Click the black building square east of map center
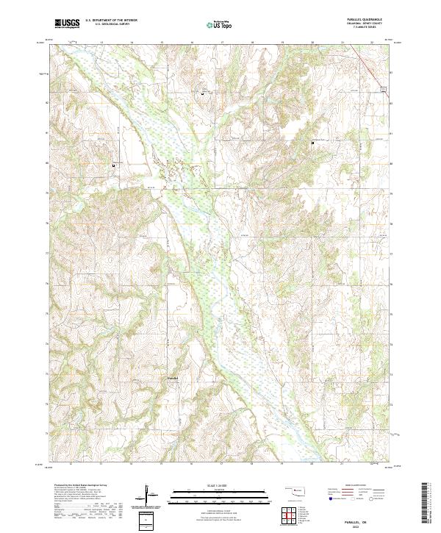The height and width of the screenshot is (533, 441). [x=312, y=142]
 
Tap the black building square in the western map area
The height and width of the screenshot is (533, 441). [x=113, y=165]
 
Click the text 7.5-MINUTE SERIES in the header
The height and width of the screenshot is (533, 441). [x=365, y=28]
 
